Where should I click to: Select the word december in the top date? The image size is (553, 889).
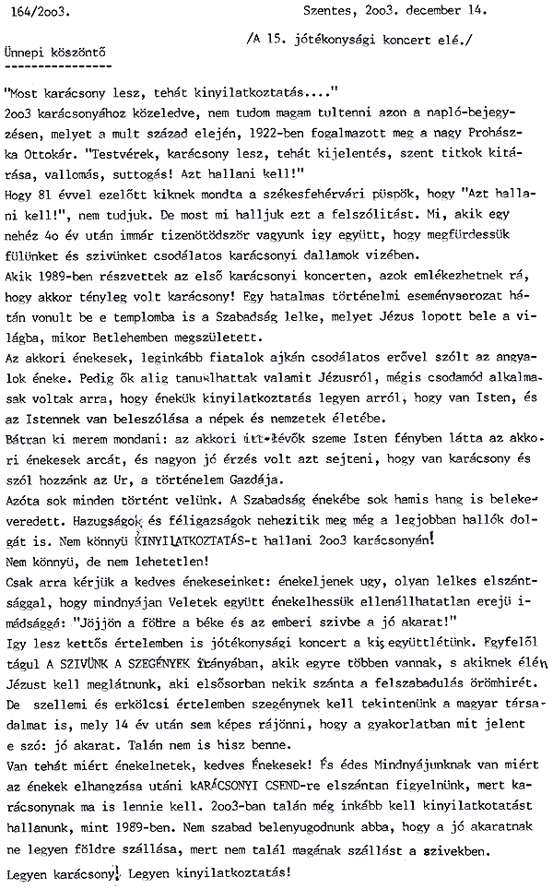(426, 11)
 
